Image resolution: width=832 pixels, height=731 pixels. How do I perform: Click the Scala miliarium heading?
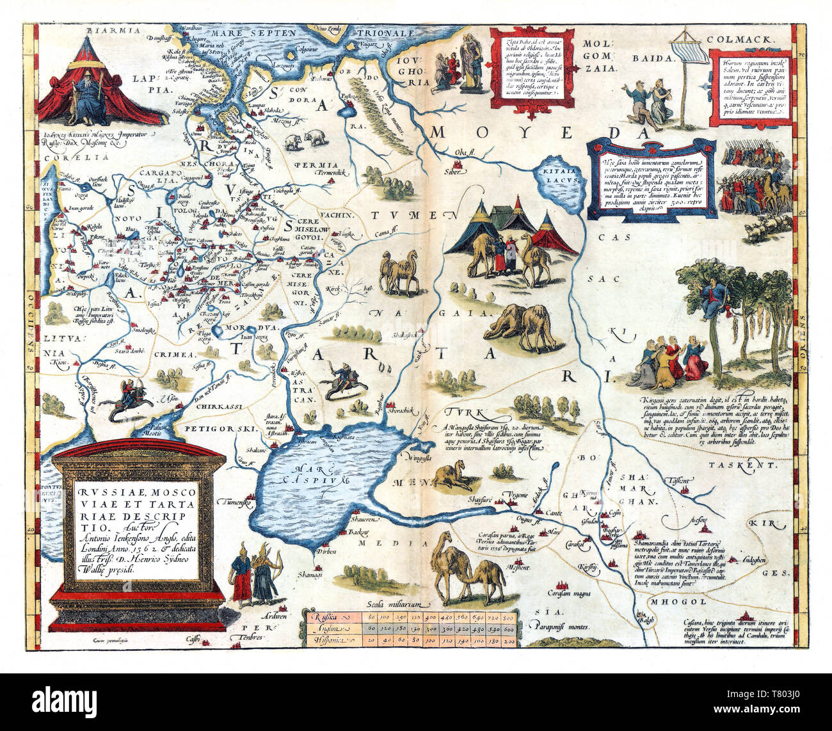pos(392,603)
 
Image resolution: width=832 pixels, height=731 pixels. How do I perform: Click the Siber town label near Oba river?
pos(453,173)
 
